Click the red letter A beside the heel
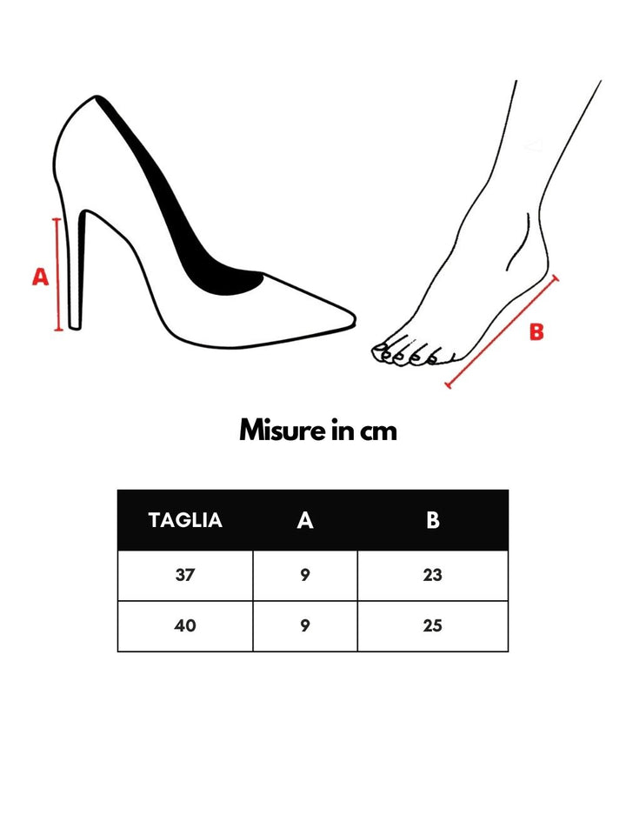coord(41,277)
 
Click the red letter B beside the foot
coord(536,331)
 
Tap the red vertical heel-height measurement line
coord(58,274)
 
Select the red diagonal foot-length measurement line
coord(502,331)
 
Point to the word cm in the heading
coord(378,432)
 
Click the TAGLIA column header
coord(185,520)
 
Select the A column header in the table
coord(305,520)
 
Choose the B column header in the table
coord(433,520)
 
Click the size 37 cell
coord(185,575)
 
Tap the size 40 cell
coord(185,625)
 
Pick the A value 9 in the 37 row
coord(305,575)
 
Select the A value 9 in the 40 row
coord(305,625)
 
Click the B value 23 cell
coord(433,575)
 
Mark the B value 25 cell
coord(433,625)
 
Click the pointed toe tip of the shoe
coord(355,318)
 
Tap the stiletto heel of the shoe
coord(77,269)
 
